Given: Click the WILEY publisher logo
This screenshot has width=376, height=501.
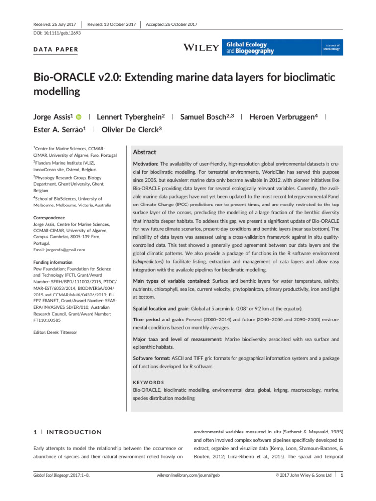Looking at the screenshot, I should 201,47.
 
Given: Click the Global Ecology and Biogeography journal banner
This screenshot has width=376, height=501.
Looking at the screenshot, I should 283,47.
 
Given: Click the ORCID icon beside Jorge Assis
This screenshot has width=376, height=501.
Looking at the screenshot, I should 78,117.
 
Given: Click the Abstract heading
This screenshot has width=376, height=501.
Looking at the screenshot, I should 145,152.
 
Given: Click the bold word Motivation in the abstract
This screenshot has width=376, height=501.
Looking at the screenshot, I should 145,164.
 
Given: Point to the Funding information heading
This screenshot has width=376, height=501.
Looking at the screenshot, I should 52,262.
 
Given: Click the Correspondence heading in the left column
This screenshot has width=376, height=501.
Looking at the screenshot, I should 49,217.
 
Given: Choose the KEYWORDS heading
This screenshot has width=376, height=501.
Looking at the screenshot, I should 148,382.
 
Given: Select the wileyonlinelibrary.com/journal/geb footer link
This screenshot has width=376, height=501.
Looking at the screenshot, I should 188,489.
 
